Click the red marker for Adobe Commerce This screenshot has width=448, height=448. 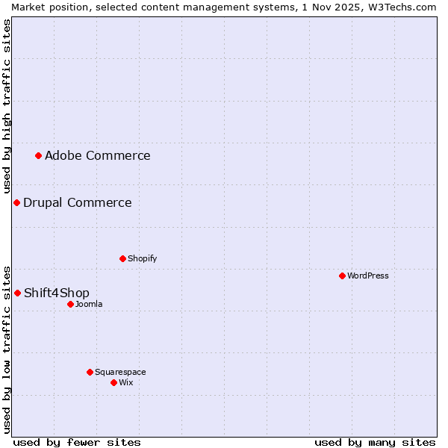[x=39, y=155]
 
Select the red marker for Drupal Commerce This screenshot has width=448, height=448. [x=16, y=202]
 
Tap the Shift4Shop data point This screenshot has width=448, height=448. [x=17, y=293]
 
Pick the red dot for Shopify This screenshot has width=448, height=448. [x=122, y=258]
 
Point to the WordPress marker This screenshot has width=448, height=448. [x=342, y=276]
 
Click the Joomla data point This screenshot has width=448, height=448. [x=70, y=304]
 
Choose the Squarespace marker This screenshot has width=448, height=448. [x=90, y=372]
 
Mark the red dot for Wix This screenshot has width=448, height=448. [x=113, y=382]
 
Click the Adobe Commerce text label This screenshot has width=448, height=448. [x=97, y=155]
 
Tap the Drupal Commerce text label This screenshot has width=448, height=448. [x=77, y=202]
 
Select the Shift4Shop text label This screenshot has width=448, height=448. [x=56, y=293]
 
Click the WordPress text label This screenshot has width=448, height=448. [x=367, y=276]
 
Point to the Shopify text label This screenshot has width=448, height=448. [x=142, y=258]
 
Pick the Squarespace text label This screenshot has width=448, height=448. [x=120, y=372]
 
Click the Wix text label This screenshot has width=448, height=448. [x=125, y=382]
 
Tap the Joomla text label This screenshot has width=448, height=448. [x=89, y=304]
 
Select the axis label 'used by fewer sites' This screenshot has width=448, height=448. [x=77, y=442]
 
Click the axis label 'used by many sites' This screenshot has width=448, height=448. [x=375, y=442]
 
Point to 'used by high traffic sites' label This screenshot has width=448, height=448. [x=7, y=107]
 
